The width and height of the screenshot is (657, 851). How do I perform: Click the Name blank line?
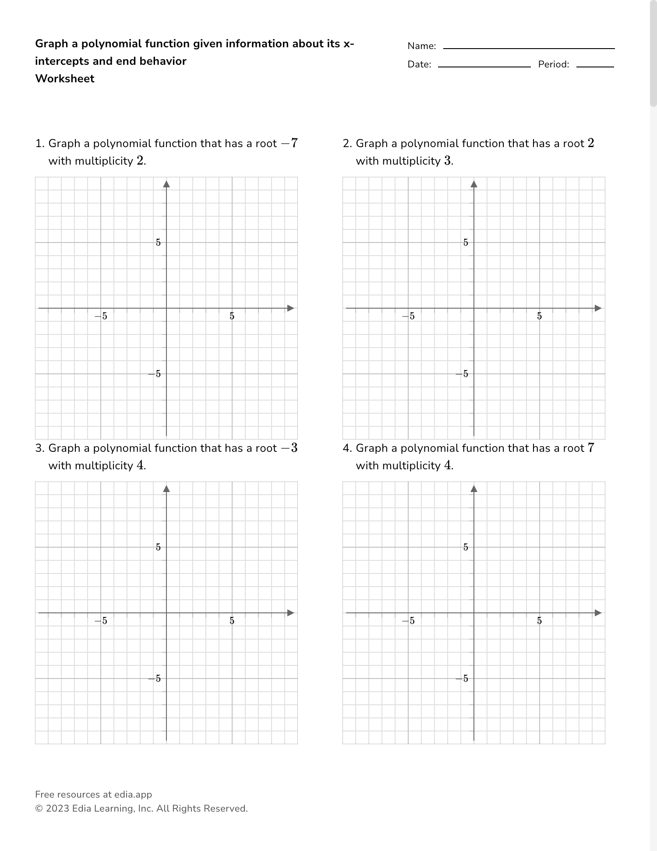[529, 48]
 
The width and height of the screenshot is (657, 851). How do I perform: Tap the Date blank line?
[484, 66]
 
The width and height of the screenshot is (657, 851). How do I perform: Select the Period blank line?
[595, 66]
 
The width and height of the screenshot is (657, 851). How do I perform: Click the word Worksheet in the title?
[65, 79]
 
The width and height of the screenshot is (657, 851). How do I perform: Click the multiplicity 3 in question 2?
[447, 161]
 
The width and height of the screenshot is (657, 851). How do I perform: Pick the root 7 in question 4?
[591, 448]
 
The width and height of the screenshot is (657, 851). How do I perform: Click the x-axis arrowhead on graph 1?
[290, 308]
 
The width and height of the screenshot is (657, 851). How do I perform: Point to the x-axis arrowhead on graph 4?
[598, 613]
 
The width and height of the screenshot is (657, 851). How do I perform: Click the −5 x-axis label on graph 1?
[101, 316]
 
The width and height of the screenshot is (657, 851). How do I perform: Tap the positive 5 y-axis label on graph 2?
[466, 243]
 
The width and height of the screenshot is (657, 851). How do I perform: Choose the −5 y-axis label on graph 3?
[155, 679]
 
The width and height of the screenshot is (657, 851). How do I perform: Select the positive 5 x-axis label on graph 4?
[540, 621]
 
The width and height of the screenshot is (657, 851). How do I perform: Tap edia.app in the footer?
[133, 795]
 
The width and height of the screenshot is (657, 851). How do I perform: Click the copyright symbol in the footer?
[39, 809]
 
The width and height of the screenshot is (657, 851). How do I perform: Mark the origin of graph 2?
[474, 308]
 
